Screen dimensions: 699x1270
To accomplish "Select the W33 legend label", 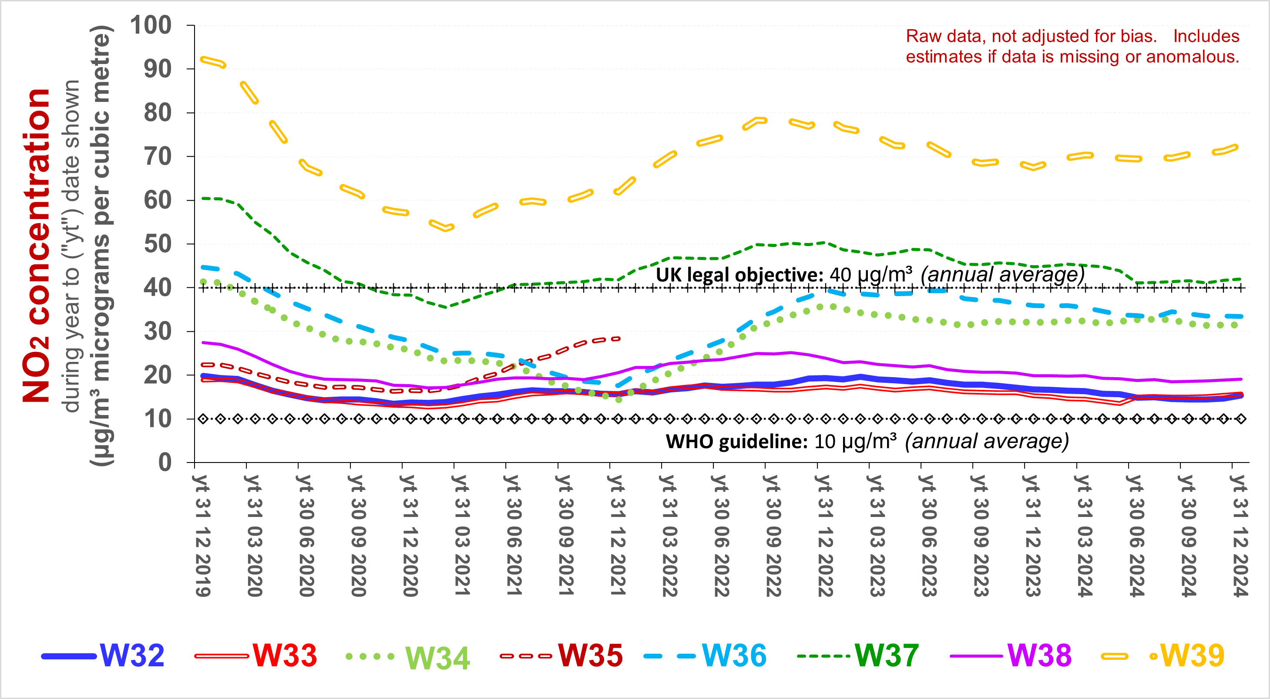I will [285, 656].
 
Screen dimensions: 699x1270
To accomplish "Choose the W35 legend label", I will [590, 656].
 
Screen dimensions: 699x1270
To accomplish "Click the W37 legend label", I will [886, 656].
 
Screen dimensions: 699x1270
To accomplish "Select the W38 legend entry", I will [1039, 656].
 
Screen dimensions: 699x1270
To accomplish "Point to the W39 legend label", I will [1192, 656].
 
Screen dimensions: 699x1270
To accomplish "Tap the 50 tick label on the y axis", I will [157, 244].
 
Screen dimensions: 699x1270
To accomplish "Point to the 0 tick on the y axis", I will [165, 463].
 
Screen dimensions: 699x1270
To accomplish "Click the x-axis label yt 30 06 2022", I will [721, 535].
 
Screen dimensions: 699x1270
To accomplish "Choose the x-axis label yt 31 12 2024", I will [1240, 535].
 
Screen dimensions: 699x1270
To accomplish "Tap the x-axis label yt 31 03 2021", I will [461, 535].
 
